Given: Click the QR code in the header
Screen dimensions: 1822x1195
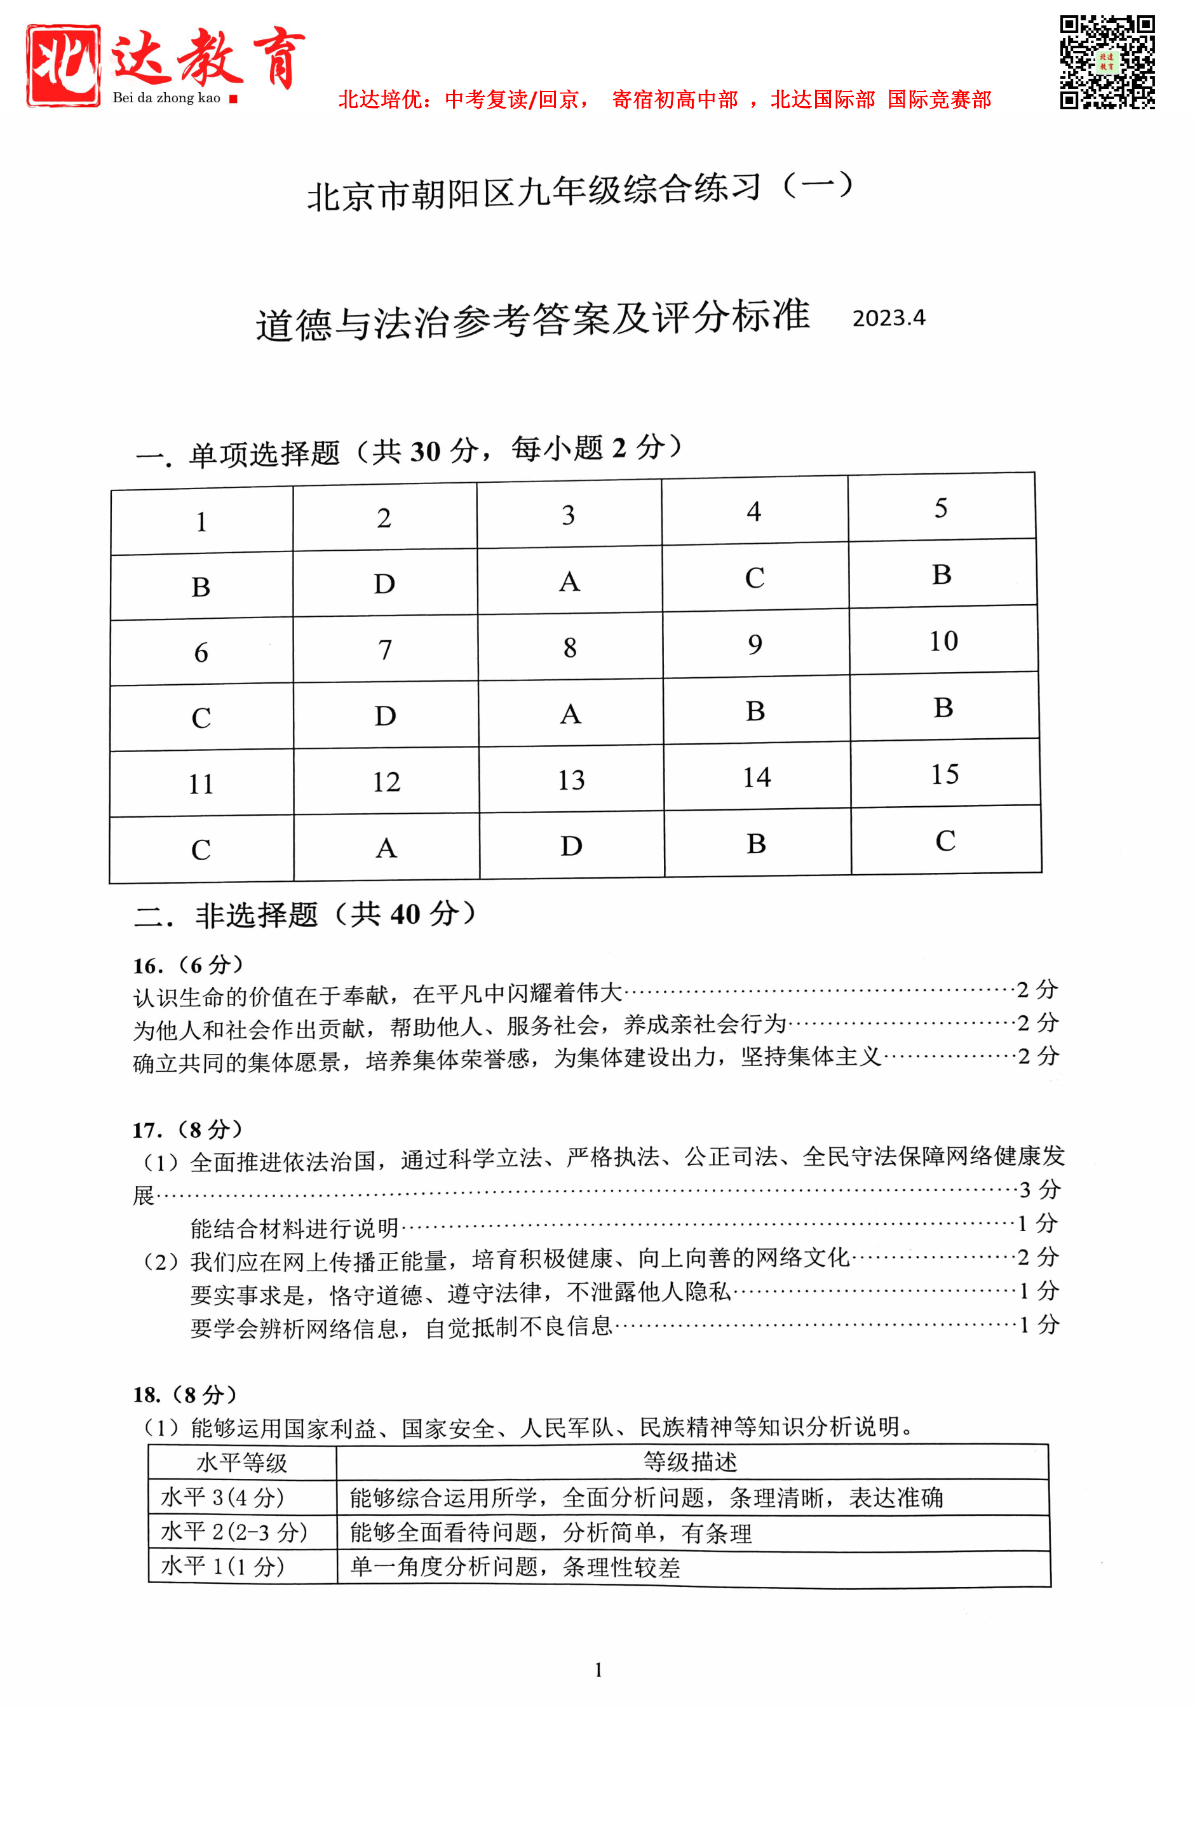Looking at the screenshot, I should (1106, 62).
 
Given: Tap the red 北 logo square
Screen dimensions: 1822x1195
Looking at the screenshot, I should (63, 65).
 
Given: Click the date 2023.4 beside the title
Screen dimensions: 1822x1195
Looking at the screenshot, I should (888, 318).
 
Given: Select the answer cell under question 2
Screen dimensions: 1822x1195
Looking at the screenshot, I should (384, 584).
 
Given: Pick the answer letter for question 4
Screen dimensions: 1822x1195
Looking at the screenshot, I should (755, 578).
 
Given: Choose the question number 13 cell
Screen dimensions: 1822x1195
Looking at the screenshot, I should (571, 780).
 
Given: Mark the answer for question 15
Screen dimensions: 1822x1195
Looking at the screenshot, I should (945, 840).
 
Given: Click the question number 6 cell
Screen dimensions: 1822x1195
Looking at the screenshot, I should (201, 652).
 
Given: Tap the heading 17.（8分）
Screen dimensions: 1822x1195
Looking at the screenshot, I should (188, 1129).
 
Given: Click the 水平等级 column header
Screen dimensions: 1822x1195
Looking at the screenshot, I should (242, 1463).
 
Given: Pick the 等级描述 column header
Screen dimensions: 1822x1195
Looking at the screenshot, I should (691, 1461).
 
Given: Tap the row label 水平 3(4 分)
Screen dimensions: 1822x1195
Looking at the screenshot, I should (223, 1497).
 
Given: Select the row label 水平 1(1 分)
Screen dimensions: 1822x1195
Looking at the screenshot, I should (223, 1567).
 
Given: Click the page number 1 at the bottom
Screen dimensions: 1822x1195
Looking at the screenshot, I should (598, 1670).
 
